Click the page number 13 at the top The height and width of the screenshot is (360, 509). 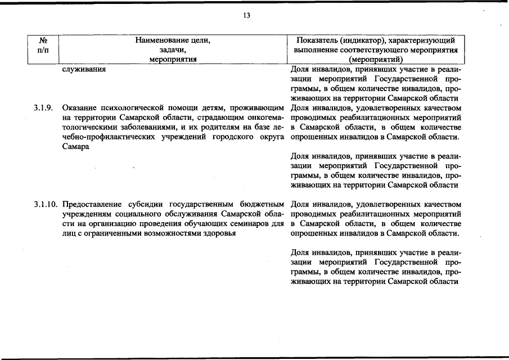coord(246,15)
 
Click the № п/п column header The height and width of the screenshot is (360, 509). coord(43,45)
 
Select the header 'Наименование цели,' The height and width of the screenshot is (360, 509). coord(172,40)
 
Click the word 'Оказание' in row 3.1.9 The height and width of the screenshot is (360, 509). coord(78,107)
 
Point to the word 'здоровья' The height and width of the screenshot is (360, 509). coord(219,233)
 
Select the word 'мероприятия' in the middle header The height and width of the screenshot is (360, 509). coord(172,59)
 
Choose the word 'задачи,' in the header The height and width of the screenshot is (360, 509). coord(172,49)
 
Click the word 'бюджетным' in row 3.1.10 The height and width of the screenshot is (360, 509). coord(262,204)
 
